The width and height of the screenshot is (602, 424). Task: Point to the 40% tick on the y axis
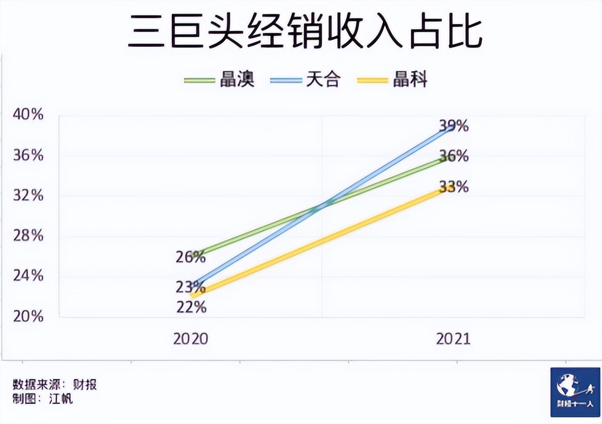pos(28,115)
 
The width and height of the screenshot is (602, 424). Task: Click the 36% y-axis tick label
pos(28,155)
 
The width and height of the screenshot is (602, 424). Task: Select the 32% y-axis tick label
pos(28,195)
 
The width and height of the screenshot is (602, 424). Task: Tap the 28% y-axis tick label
pos(28,236)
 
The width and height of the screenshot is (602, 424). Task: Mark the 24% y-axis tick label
pos(28,276)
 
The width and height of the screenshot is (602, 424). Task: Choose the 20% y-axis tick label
pos(28,316)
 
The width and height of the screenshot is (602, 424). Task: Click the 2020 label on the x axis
pos(191,339)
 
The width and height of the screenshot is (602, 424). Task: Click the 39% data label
pos(454,125)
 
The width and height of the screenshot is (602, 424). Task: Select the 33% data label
pos(454,187)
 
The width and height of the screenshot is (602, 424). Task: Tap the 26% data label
pos(191,257)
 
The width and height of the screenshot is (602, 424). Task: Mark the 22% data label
pos(191,307)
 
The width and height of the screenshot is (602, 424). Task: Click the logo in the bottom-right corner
pos(575,392)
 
